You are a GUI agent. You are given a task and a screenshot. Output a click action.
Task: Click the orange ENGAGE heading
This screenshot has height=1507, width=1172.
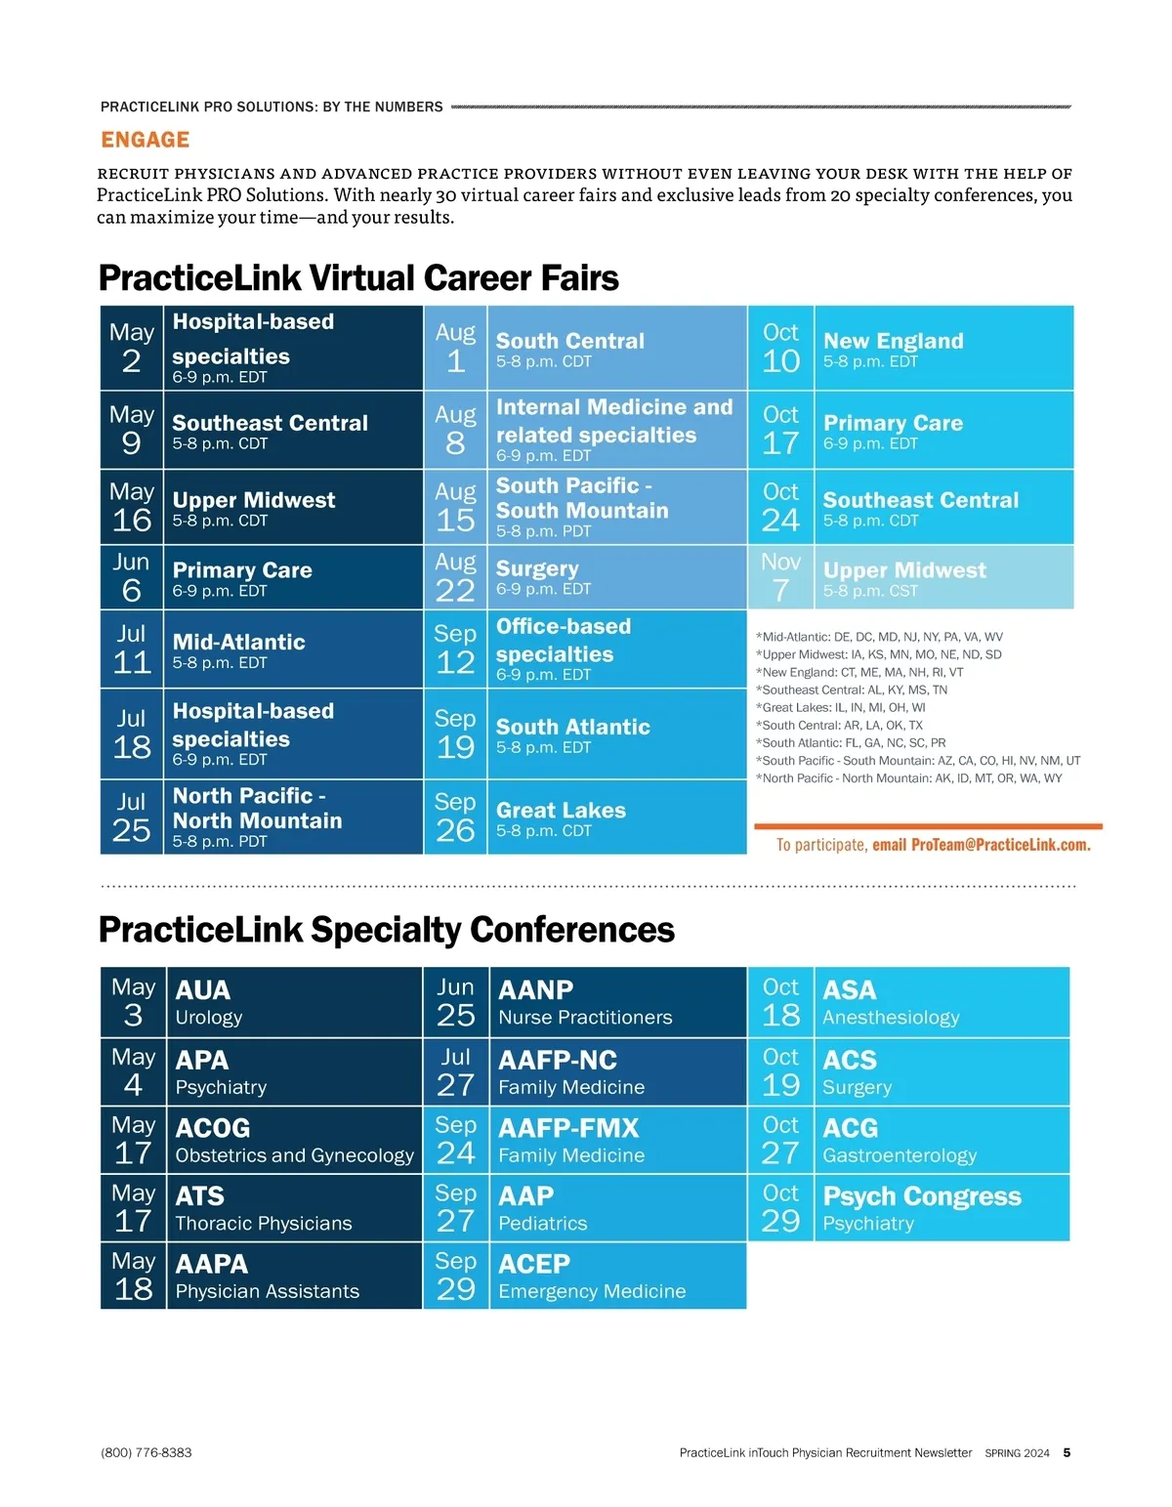pyautogui.click(x=146, y=140)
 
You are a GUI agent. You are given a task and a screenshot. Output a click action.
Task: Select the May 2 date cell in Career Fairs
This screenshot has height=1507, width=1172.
pyautogui.click(x=132, y=348)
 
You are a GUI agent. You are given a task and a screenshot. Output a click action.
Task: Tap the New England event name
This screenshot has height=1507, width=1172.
pyautogui.click(x=893, y=341)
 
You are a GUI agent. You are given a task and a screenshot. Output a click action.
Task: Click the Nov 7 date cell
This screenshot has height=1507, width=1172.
pyautogui.click(x=780, y=577)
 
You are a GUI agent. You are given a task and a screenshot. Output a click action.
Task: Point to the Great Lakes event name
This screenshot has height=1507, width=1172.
pyautogui.click(x=561, y=810)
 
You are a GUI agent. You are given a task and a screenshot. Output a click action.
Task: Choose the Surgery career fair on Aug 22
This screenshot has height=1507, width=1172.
pyautogui.click(x=537, y=568)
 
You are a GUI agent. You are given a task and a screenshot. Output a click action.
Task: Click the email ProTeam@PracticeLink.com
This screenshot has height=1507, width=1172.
pyautogui.click(x=981, y=845)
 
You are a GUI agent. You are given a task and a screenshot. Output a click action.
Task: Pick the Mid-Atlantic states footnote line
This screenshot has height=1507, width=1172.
pyautogui.click(x=879, y=637)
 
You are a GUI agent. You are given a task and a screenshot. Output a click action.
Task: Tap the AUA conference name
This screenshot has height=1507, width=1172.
pyautogui.click(x=202, y=989)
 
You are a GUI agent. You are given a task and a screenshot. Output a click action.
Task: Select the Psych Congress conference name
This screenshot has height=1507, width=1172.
pyautogui.click(x=922, y=1196)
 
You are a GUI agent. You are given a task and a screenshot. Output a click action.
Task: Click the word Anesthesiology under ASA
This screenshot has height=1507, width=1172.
pyautogui.click(x=891, y=1018)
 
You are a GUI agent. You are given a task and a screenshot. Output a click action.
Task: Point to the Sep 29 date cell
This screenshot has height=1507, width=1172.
pyautogui.click(x=456, y=1276)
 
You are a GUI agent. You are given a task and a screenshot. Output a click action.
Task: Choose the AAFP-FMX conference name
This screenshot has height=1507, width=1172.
pyautogui.click(x=568, y=1128)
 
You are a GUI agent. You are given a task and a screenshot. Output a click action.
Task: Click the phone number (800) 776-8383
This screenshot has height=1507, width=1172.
pyautogui.click(x=146, y=1452)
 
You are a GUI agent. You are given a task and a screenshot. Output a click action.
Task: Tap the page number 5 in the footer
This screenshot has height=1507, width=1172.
pyautogui.click(x=1067, y=1452)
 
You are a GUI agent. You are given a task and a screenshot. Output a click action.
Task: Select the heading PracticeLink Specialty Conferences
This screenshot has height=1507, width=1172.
pyautogui.click(x=387, y=930)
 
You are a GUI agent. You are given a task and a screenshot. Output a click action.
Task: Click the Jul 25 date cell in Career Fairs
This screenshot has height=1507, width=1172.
pyautogui.click(x=132, y=816)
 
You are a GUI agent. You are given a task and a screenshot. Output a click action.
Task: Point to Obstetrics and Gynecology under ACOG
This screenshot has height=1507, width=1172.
pyautogui.click(x=294, y=1155)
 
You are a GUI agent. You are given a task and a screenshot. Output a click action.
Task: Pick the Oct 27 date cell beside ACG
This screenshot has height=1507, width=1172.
pyautogui.click(x=780, y=1140)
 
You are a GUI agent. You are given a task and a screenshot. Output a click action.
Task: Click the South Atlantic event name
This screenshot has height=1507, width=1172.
pyautogui.click(x=572, y=727)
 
